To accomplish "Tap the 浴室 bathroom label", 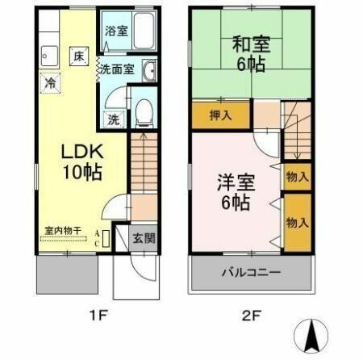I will (116, 31).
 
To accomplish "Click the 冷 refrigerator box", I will (50, 82).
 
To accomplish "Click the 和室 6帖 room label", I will (248, 53).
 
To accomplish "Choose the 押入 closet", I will (220, 115).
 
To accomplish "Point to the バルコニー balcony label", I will (252, 272).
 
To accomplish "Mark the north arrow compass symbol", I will (313, 335).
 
